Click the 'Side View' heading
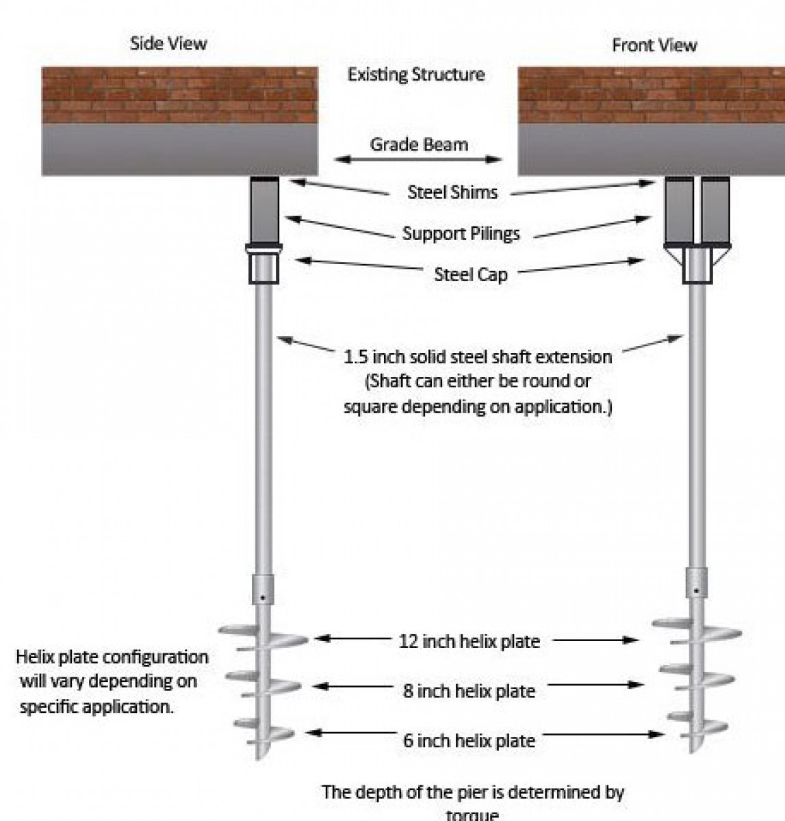[x=168, y=44]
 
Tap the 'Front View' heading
[x=654, y=45]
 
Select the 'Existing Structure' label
[x=416, y=74]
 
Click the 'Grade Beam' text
[x=419, y=144]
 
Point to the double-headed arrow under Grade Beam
[x=418, y=159]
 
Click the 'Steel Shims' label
[x=452, y=192]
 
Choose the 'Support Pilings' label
[x=461, y=233]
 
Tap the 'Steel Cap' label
[x=471, y=274]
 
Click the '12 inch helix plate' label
[x=469, y=641]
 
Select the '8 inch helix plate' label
[x=469, y=690]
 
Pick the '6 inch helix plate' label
[x=469, y=740]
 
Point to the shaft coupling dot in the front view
[x=696, y=590]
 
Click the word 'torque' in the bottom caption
[x=472, y=814]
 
